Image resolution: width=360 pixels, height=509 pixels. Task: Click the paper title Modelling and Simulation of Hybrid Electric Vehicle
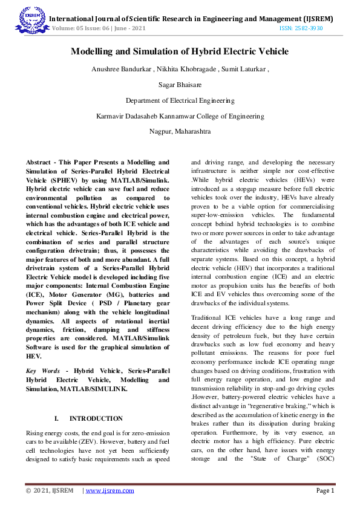[180, 52]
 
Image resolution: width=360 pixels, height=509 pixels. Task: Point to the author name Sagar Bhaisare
[180, 85]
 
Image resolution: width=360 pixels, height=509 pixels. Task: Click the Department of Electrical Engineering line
[180, 100]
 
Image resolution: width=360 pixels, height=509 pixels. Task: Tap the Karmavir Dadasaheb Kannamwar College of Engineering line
[180, 115]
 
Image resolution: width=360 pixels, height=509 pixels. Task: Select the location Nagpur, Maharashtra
[180, 130]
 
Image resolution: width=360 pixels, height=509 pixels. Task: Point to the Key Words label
[42, 369]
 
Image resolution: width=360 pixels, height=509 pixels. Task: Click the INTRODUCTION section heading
[96, 418]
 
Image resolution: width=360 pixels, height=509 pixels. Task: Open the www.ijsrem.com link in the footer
[110, 490]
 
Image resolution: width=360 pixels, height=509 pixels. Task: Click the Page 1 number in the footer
[325, 490]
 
